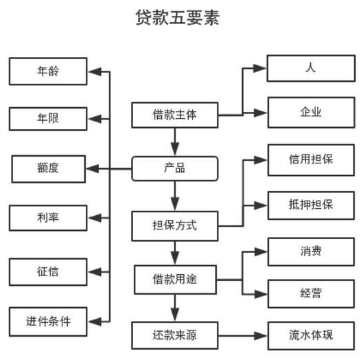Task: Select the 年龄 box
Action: (47, 71)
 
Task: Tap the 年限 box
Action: (47, 118)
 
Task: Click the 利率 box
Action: (47, 218)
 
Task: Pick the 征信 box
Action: (47, 271)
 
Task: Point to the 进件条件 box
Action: (47, 320)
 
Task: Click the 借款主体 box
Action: (174, 114)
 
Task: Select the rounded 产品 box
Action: (174, 168)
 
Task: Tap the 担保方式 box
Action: (174, 225)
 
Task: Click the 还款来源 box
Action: (174, 336)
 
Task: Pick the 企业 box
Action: (310, 111)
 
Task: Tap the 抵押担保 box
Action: (310, 205)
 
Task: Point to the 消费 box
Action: (310, 251)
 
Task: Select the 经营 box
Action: (310, 294)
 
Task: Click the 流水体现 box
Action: (310, 336)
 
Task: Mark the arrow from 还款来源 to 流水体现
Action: (242, 336)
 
